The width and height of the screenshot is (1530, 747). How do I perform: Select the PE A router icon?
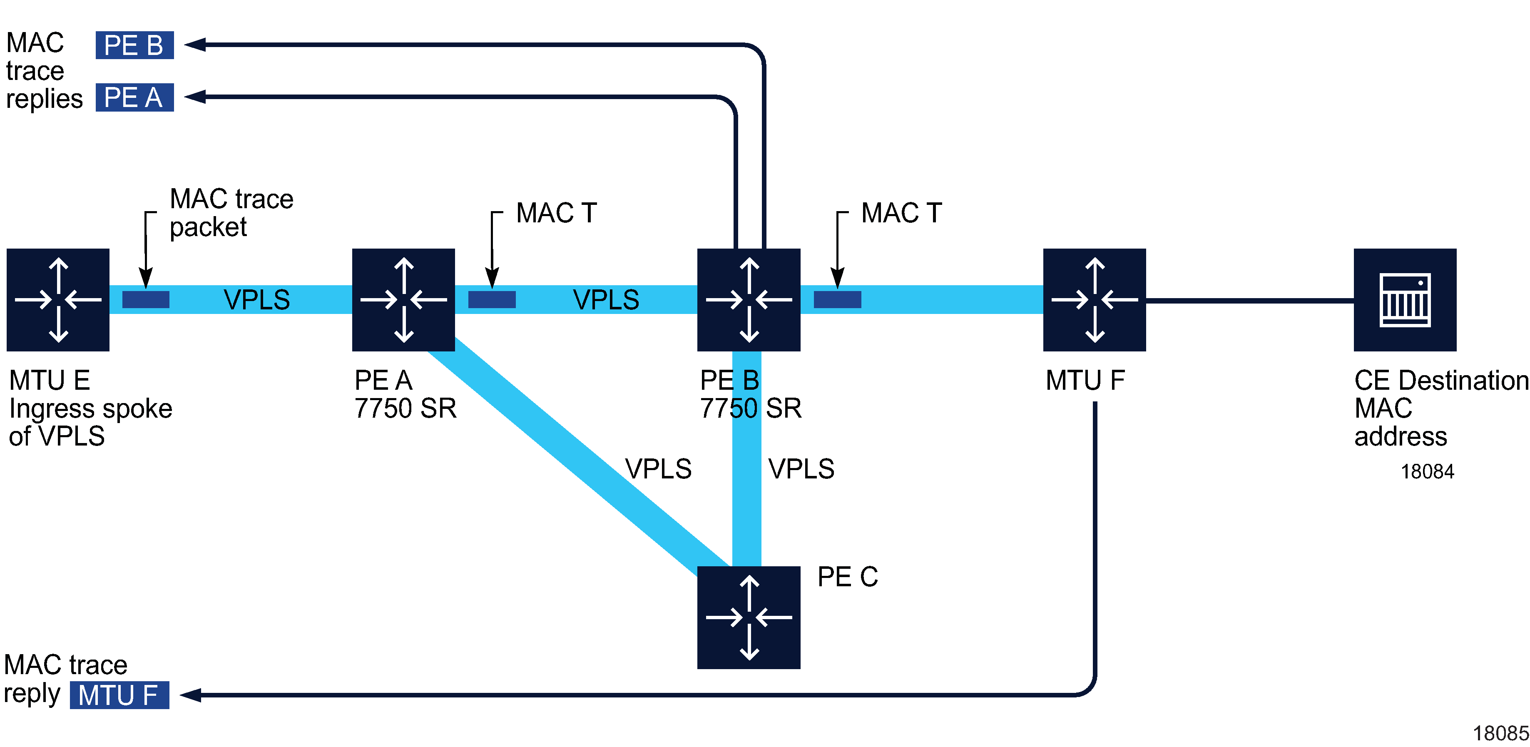[403, 300]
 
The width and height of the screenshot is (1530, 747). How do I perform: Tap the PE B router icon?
[749, 300]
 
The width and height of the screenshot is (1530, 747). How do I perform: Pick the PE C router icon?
[749, 618]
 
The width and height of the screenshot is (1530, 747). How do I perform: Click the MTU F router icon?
[1094, 300]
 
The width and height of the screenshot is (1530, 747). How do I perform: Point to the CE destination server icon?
[1405, 300]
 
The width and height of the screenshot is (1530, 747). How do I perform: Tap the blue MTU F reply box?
[119, 695]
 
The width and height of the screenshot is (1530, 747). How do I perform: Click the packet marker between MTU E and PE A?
[146, 300]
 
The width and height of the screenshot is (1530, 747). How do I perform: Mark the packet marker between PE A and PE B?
[492, 300]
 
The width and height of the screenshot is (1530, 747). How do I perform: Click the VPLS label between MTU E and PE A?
[256, 300]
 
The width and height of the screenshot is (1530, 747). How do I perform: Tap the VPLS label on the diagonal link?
[658, 469]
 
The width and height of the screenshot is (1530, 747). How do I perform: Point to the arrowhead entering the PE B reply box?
[195, 45]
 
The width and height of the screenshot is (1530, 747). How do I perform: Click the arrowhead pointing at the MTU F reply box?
[190, 695]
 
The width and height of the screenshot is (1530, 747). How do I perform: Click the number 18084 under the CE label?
[1427, 471]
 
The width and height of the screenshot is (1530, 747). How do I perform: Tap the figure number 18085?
[1500, 733]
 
